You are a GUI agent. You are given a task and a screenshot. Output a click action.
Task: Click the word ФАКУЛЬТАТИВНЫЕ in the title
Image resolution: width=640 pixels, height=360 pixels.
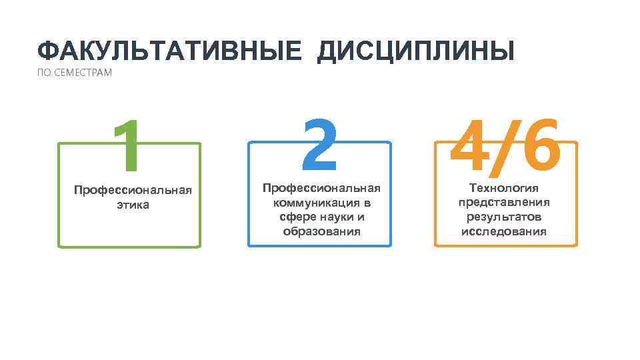[169, 51]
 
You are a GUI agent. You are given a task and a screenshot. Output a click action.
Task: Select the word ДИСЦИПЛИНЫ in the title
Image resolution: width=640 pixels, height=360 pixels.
[416, 51]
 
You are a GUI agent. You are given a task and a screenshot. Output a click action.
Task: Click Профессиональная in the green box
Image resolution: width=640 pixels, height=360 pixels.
[133, 191]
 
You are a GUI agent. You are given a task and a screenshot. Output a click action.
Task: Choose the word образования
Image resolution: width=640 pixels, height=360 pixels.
[321, 231]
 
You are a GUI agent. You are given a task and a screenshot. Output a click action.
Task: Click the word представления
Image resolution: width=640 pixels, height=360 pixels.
[504, 203]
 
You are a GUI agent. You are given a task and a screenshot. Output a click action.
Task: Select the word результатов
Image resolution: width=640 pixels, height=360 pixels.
[504, 217]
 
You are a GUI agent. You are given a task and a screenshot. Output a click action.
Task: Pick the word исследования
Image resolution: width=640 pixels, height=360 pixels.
[504, 231]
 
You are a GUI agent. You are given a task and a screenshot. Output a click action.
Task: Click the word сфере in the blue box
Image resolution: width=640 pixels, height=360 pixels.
[295, 217]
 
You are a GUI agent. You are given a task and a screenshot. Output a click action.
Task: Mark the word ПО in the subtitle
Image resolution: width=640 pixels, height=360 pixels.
[43, 73]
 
